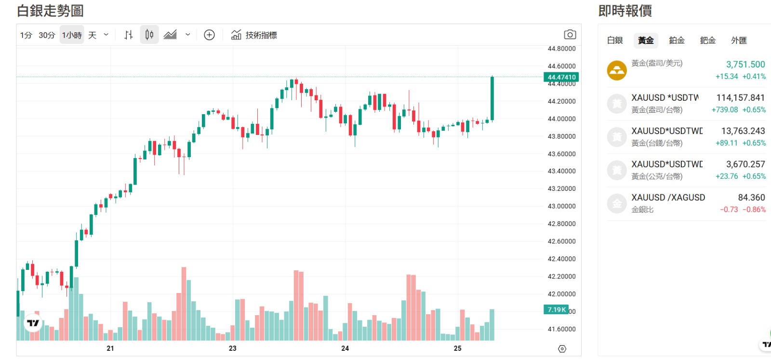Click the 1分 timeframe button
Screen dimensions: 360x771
click(x=26, y=35)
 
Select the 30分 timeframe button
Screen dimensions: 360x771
click(x=47, y=35)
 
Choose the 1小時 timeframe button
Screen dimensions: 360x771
click(x=72, y=35)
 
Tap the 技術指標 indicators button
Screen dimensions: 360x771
click(x=254, y=35)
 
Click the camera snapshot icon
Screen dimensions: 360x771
click(x=570, y=35)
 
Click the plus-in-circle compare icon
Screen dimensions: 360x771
click(x=209, y=35)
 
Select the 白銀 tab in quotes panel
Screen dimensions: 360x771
click(x=615, y=40)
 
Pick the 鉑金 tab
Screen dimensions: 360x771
click(x=677, y=40)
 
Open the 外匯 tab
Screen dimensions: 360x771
click(x=738, y=40)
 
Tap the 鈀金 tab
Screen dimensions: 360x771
click(x=707, y=40)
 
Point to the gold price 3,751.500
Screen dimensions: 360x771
click(x=745, y=65)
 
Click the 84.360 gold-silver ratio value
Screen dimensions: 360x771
click(x=751, y=198)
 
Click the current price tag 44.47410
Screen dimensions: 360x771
click(x=561, y=77)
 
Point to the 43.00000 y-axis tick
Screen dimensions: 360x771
click(x=561, y=206)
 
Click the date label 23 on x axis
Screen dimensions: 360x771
click(x=233, y=348)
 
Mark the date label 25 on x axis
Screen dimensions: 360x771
click(x=457, y=348)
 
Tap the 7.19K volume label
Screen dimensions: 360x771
click(x=556, y=309)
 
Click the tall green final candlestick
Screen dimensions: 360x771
click(x=492, y=98)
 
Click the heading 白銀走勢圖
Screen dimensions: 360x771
click(x=50, y=11)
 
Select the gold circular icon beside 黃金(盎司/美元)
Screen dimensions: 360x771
click(x=617, y=70)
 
